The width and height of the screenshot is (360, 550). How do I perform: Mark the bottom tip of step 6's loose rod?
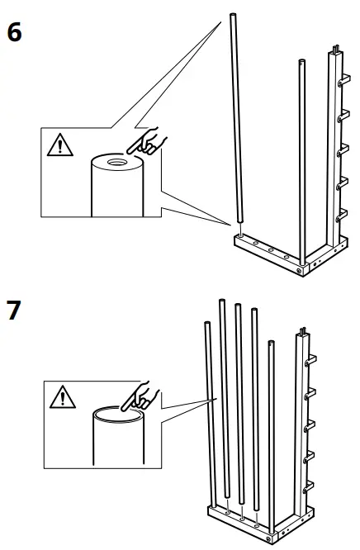pyautogui.click(x=239, y=220)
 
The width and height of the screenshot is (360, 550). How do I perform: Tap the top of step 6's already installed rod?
pyautogui.click(x=301, y=62)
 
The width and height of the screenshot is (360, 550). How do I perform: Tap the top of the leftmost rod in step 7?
pyautogui.click(x=207, y=325)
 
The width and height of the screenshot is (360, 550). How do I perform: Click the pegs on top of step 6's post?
pyautogui.click(x=336, y=48)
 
